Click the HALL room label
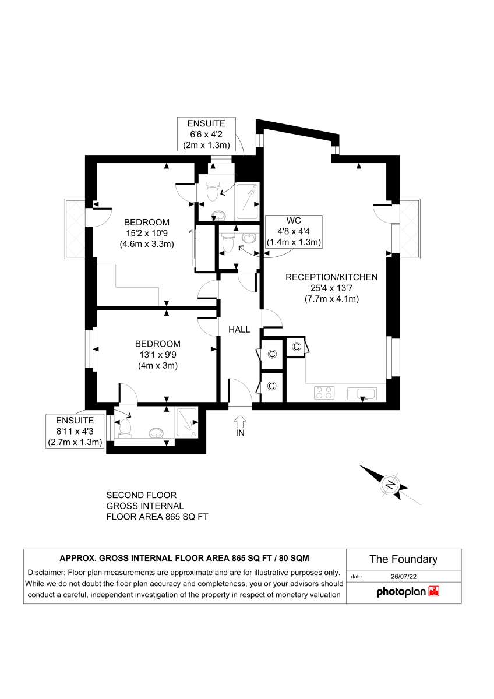tap(239, 330)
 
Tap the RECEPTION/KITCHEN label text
tap(331, 277)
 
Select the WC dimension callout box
tap(294, 231)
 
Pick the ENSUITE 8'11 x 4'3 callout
tap(75, 431)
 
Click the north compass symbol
tap(390, 484)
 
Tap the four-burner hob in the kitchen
tap(324, 393)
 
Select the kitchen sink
tap(362, 394)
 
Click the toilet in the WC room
tap(228, 246)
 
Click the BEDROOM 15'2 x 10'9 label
tap(147, 233)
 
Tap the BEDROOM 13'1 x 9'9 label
tap(157, 355)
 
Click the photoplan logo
tap(407, 592)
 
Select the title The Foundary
tap(403, 559)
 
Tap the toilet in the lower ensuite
tap(125, 428)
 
